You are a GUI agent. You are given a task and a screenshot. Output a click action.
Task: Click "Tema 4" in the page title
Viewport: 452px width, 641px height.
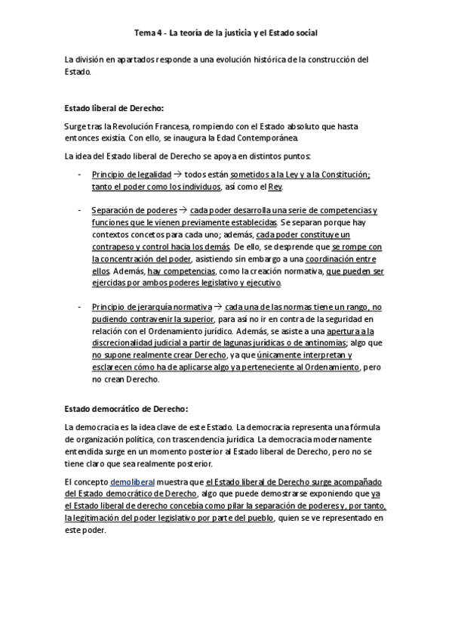click(148, 33)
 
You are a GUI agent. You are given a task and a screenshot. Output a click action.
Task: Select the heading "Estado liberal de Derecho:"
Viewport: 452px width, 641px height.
click(113, 107)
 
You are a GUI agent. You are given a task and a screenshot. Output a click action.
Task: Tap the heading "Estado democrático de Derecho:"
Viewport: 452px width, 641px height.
click(125, 409)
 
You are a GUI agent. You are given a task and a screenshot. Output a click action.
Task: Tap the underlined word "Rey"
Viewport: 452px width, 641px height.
click(275, 187)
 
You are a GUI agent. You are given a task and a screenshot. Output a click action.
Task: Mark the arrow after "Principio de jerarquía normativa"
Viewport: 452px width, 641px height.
click(218, 306)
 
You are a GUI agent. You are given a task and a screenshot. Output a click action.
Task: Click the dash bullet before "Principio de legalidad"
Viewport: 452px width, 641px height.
click(80, 175)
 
